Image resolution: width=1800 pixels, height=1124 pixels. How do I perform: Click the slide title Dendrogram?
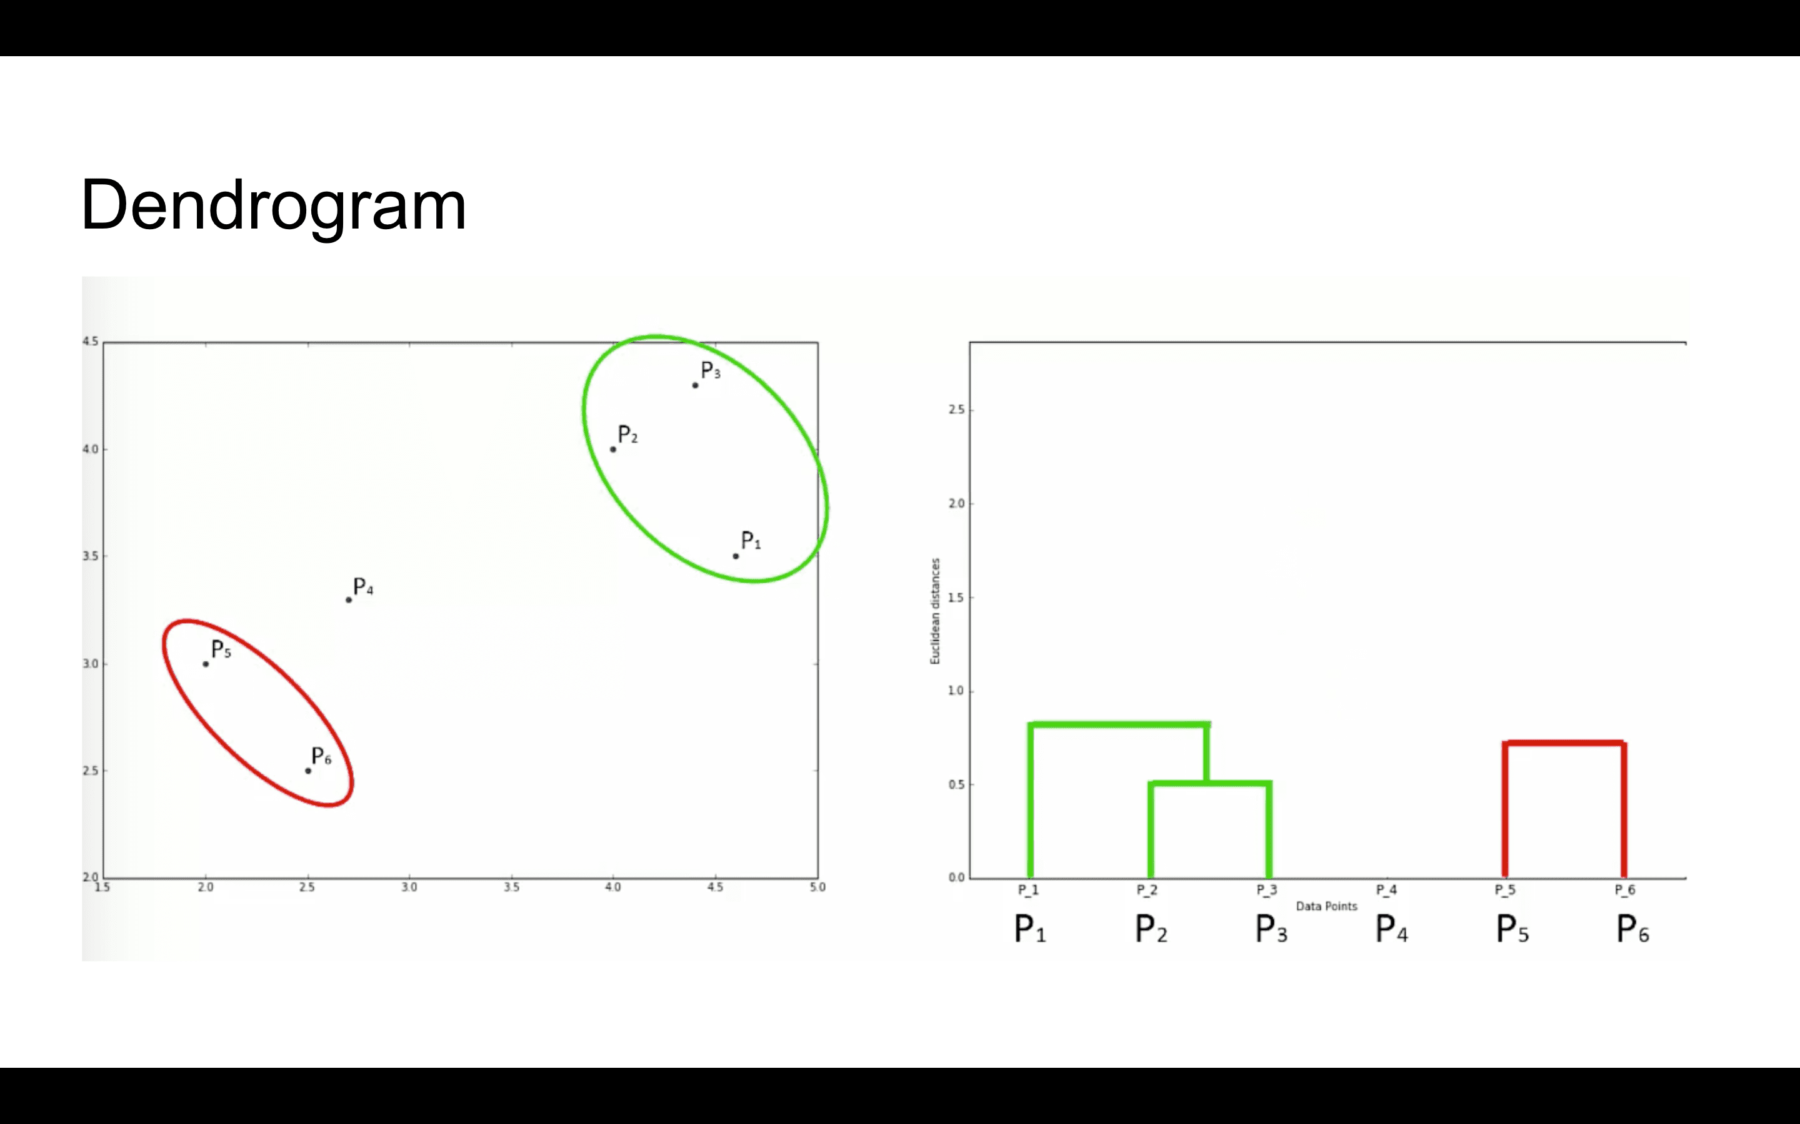pyautogui.click(x=273, y=206)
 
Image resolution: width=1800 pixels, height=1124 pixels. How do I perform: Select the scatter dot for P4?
pyautogui.click(x=348, y=600)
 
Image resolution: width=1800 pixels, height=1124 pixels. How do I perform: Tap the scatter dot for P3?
pyautogui.click(x=696, y=385)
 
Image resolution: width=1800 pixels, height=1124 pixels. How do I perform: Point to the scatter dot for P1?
pyautogui.click(x=736, y=556)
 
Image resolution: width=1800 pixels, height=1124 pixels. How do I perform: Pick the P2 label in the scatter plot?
pyautogui.click(x=627, y=435)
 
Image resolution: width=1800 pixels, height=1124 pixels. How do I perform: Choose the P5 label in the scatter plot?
pyautogui.click(x=221, y=649)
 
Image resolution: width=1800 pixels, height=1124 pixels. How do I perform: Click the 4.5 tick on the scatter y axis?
pyautogui.click(x=90, y=341)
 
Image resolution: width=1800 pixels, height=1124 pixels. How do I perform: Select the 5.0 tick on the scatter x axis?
pyautogui.click(x=817, y=887)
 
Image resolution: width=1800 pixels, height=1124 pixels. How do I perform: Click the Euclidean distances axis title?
pyautogui.click(x=935, y=611)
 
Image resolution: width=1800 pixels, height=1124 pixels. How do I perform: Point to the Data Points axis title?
pyautogui.click(x=1326, y=906)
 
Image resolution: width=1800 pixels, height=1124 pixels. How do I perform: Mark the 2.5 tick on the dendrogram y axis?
pyautogui.click(x=956, y=410)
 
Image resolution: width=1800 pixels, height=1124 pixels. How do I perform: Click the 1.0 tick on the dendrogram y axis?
pyautogui.click(x=956, y=691)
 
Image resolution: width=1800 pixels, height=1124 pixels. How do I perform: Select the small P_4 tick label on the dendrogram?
pyautogui.click(x=1386, y=890)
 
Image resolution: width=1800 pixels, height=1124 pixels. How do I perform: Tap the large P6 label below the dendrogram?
pyautogui.click(x=1632, y=929)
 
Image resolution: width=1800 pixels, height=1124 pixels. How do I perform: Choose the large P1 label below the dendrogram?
pyautogui.click(x=1030, y=929)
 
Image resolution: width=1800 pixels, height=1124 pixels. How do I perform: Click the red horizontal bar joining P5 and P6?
pyautogui.click(x=1564, y=742)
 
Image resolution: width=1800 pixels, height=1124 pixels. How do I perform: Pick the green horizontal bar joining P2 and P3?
pyautogui.click(x=1209, y=784)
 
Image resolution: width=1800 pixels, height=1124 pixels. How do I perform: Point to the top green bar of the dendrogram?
pyautogui.click(x=1118, y=724)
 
